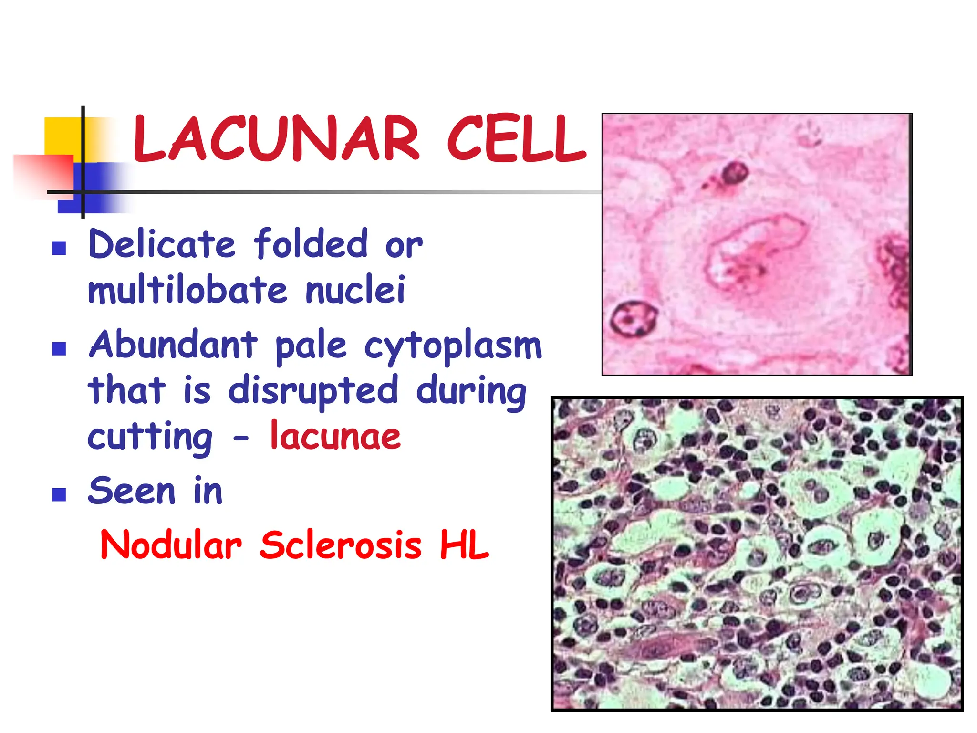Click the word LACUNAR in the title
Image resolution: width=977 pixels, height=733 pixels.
276,138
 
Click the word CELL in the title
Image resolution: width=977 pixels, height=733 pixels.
516,138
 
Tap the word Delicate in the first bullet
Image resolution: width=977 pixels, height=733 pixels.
162,244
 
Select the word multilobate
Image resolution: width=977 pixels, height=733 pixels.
188,290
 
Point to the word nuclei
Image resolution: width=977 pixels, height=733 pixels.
355,290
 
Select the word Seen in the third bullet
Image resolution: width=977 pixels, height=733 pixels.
132,491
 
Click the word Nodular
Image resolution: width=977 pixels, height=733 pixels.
171,545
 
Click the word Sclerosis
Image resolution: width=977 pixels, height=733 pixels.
341,545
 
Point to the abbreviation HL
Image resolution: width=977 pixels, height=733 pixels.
464,545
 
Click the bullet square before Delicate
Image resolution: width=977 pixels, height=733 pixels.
59,248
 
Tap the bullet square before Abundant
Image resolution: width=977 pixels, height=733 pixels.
59,349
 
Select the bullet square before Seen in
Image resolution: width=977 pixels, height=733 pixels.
59,494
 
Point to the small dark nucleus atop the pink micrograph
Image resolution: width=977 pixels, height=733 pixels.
733,173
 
